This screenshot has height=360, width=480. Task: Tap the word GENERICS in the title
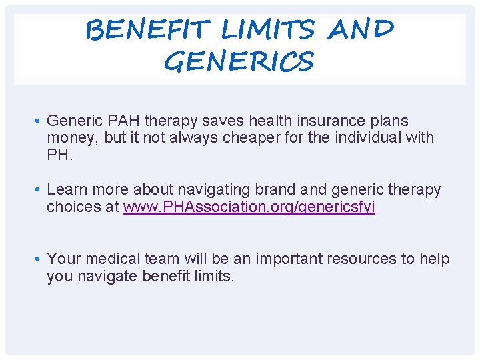point(238,62)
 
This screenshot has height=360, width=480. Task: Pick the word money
point(70,138)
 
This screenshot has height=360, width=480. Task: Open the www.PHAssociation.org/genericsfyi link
point(249,207)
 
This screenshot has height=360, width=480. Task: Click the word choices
point(74,207)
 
